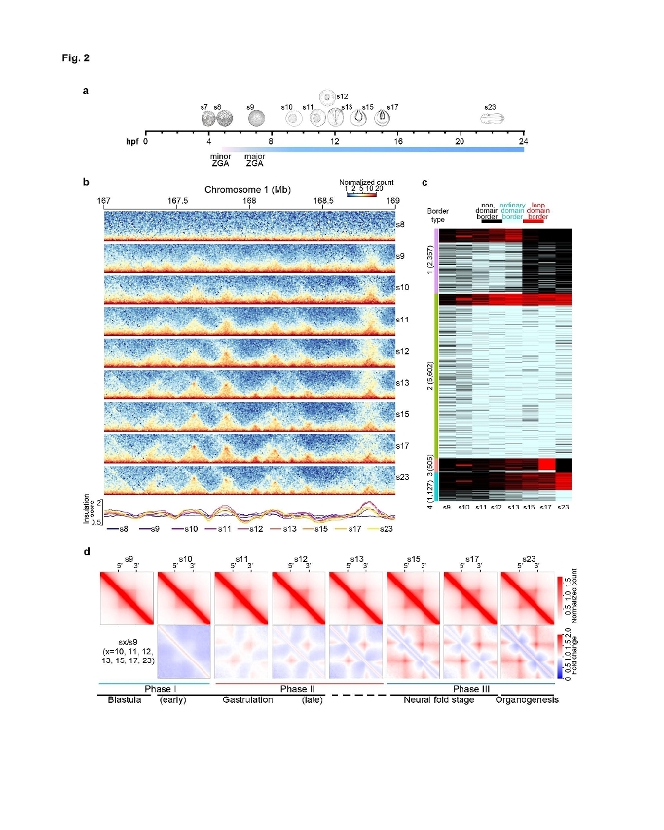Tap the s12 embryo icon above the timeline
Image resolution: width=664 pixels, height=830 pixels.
coord(327,96)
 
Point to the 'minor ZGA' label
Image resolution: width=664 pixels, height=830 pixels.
coord(220,160)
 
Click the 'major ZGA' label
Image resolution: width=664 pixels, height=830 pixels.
coord(254,160)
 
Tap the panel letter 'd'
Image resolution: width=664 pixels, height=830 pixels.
coord(89,551)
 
